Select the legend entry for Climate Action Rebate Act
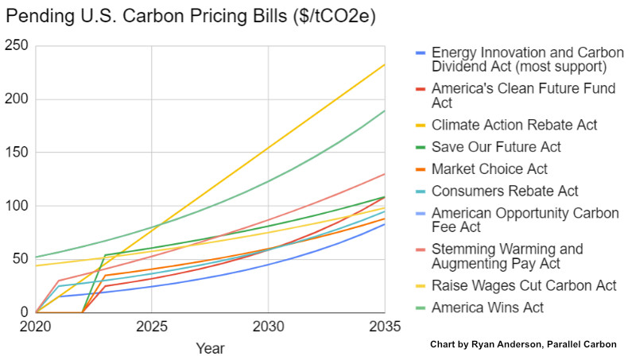coord(514,125)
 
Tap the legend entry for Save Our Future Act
coord(496,147)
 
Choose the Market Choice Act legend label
coord(489,169)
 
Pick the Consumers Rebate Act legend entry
coord(504,192)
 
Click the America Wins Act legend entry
coord(487,308)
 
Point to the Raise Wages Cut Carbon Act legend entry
coord(524,285)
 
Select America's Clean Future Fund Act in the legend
coord(523,95)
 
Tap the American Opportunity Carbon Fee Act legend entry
coord(523,220)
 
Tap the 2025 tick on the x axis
coord(152,326)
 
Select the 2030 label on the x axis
coord(268,326)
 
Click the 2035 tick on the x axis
coord(384,326)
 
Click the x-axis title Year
coord(210,348)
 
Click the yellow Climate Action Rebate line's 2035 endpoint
coord(385,65)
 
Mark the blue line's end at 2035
coord(385,224)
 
